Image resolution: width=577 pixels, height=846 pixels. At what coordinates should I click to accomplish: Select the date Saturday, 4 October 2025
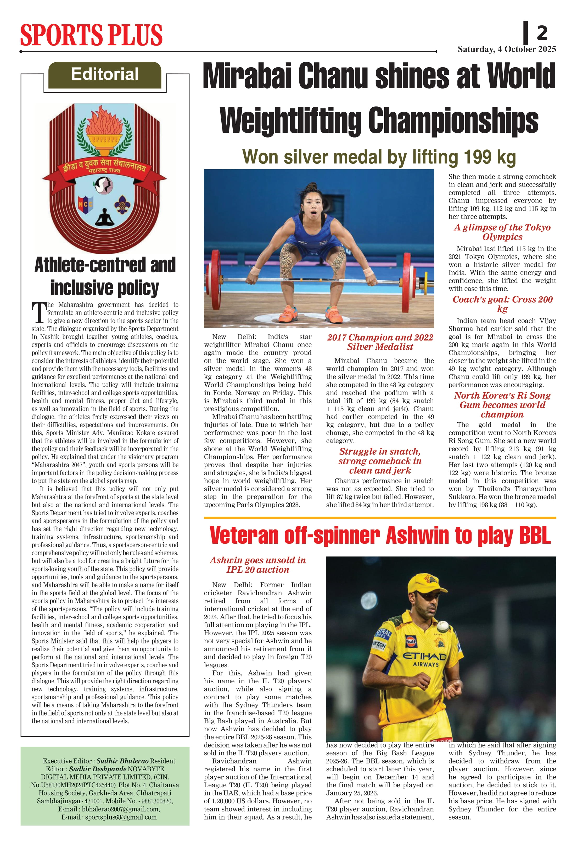[506, 49]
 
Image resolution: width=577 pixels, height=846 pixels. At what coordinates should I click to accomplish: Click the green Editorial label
[105, 75]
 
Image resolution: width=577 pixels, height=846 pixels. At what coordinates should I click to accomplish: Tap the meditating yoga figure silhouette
[104, 218]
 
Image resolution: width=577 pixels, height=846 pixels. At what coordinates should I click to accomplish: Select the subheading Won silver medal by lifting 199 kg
[379, 157]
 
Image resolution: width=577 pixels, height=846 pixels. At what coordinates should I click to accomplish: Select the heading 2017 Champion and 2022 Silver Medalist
[380, 342]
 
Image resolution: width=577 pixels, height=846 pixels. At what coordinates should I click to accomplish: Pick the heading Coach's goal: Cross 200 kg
[502, 304]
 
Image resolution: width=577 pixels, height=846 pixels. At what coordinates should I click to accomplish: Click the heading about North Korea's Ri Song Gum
[502, 405]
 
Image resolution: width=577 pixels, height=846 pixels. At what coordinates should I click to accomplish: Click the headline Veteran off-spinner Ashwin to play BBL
[380, 536]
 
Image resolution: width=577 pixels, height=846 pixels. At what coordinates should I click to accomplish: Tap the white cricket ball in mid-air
[443, 626]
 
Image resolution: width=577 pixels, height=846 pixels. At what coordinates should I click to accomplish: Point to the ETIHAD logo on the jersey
[424, 656]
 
